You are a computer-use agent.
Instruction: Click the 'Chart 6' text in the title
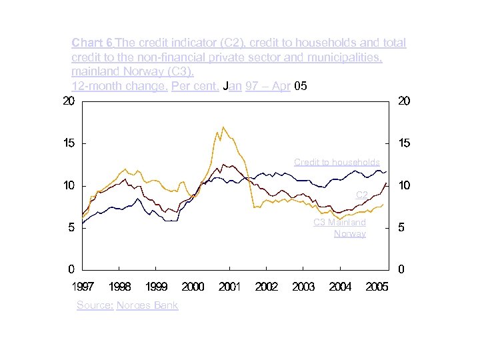[x=92, y=43]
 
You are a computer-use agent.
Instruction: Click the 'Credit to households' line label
[x=337, y=162]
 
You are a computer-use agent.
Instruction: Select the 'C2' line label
[x=362, y=195]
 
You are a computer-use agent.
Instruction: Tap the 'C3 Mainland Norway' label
[x=340, y=228]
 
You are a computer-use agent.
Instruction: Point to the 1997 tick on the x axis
[x=83, y=287]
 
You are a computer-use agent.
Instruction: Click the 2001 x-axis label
[x=229, y=287]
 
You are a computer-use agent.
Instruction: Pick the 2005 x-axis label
[x=377, y=287]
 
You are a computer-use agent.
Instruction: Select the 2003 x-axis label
[x=303, y=287]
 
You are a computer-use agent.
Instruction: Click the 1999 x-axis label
[x=156, y=287]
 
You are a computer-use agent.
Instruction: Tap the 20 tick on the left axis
[x=68, y=101]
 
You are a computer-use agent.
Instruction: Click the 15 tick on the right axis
[x=404, y=143]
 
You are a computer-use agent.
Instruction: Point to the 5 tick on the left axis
[x=71, y=227]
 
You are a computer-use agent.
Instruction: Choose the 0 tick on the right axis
[x=401, y=269]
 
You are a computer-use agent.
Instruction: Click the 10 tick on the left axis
[x=68, y=185]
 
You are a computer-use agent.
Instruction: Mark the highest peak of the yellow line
[x=223, y=127]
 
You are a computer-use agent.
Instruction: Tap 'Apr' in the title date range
[x=281, y=87]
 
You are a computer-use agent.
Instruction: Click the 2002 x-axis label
[x=267, y=287]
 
